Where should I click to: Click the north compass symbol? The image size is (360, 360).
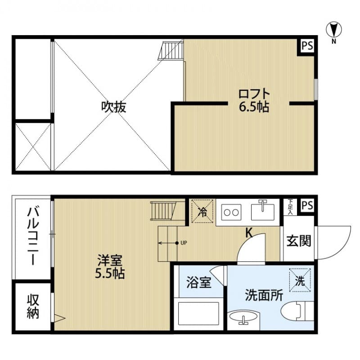pyautogui.click(x=333, y=30)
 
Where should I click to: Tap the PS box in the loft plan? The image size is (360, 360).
pyautogui.click(x=307, y=46)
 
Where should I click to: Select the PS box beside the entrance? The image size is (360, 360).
pyautogui.click(x=307, y=205)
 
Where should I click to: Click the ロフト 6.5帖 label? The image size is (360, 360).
pyautogui.click(x=254, y=100)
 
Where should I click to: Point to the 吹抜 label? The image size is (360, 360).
pyautogui.click(x=113, y=107)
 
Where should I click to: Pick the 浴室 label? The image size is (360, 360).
pyautogui.click(x=199, y=284)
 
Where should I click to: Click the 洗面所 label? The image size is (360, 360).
pyautogui.click(x=264, y=296)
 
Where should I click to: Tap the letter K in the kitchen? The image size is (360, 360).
pyautogui.click(x=248, y=233)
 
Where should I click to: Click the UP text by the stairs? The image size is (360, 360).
pyautogui.click(x=184, y=243)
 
